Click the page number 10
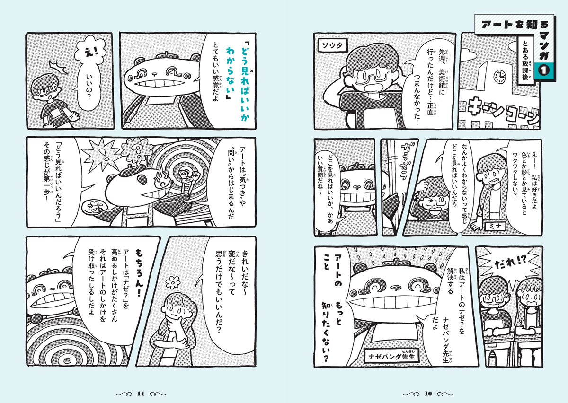429,394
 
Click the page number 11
140,394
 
